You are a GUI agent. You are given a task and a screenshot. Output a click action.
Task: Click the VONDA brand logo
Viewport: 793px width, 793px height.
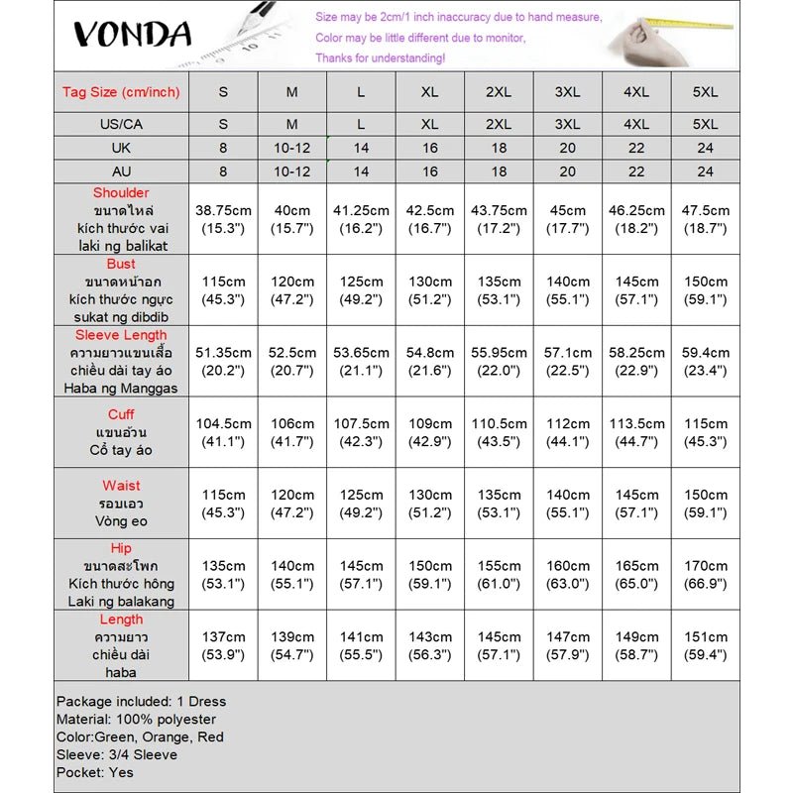(x=131, y=35)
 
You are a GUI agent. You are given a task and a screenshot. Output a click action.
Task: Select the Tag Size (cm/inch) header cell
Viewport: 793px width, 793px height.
(x=121, y=92)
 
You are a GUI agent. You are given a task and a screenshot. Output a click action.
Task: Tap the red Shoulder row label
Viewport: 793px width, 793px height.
(x=121, y=192)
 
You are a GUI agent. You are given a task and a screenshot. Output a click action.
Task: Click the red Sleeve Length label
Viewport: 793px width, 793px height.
(x=121, y=335)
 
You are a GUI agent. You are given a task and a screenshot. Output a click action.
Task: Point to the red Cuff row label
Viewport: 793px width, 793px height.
(x=121, y=414)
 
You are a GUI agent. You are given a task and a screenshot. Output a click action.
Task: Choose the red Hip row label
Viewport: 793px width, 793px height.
(x=121, y=548)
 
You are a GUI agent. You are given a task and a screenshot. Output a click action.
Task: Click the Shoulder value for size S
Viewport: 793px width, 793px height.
(x=223, y=219)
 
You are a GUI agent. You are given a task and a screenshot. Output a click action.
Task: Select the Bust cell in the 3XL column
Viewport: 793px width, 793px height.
(x=567, y=290)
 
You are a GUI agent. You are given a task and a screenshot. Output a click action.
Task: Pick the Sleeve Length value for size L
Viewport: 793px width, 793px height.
(x=361, y=362)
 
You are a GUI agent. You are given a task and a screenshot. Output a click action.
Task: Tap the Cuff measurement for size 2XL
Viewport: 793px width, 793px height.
(x=498, y=432)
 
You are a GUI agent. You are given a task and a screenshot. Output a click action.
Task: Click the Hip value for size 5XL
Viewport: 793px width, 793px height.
(x=705, y=575)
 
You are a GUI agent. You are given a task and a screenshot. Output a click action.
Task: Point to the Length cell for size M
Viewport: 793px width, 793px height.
(x=291, y=646)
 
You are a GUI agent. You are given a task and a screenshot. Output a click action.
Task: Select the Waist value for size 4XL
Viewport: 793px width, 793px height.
(x=636, y=504)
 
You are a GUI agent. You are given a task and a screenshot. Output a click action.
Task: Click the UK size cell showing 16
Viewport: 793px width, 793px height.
(x=429, y=148)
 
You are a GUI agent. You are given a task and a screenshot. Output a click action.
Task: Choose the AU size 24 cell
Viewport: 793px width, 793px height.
(x=705, y=170)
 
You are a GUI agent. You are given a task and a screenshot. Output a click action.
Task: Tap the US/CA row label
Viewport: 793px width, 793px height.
(x=121, y=125)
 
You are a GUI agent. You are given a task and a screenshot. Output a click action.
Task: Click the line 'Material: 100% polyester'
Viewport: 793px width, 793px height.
(x=136, y=719)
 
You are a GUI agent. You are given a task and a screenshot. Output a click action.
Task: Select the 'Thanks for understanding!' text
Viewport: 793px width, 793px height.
(x=380, y=57)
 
